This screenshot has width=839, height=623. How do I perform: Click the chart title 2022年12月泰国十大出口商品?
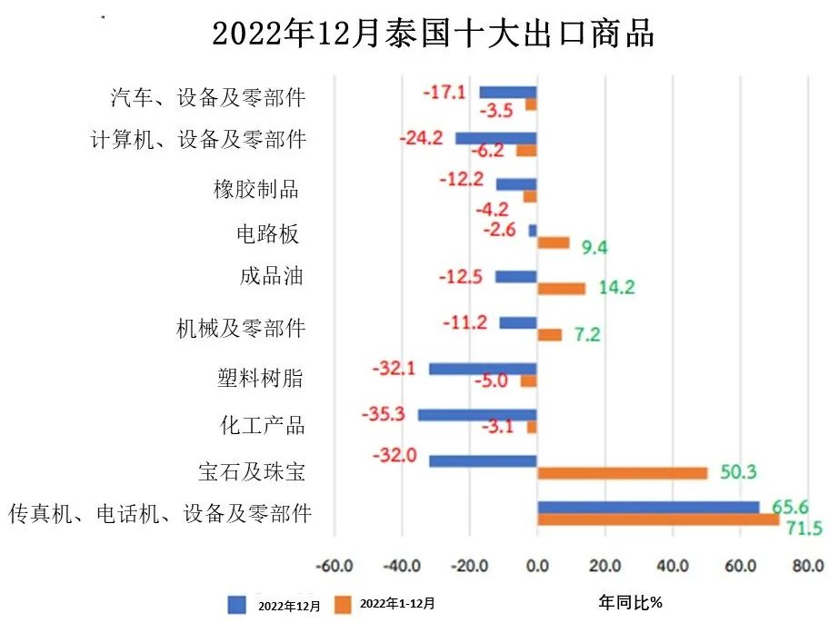click(433, 34)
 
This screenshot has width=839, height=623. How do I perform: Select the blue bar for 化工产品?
click(477, 415)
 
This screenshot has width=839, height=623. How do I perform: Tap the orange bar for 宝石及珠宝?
click(622, 473)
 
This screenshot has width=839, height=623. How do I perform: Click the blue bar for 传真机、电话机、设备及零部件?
click(647, 507)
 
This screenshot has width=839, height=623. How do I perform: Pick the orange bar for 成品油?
click(561, 289)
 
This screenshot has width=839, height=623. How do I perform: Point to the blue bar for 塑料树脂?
click(483, 369)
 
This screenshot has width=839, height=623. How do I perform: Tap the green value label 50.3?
click(738, 472)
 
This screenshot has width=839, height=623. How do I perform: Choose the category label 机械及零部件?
click(240, 328)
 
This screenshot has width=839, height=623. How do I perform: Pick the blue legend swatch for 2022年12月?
click(237, 604)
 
